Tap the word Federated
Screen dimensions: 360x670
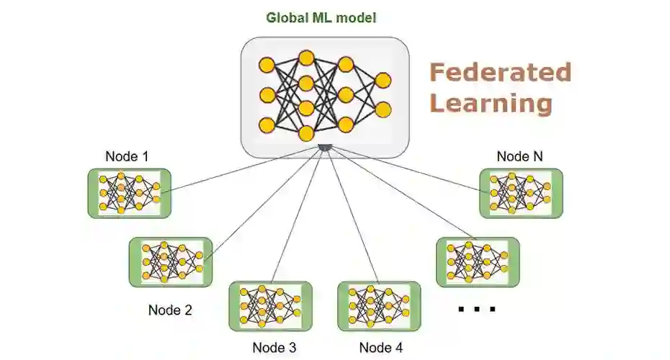pyautogui.click(x=500, y=73)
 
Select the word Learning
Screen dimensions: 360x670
pyautogui.click(x=491, y=103)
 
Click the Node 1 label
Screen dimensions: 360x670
pyautogui.click(x=128, y=156)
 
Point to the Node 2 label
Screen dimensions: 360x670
pyautogui.click(x=170, y=310)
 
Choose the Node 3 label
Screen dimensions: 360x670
pyautogui.click(x=274, y=348)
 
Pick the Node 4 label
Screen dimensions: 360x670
pyautogui.click(x=380, y=348)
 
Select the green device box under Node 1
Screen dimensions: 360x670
pyautogui.click(x=129, y=193)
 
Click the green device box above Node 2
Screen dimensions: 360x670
pyautogui.click(x=171, y=262)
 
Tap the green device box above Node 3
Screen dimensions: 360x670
pyautogui.click(x=270, y=305)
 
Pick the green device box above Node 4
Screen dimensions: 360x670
pyautogui.click(x=379, y=305)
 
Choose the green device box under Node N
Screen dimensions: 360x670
pyautogui.click(x=521, y=193)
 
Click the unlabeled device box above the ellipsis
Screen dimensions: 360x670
pyautogui.click(x=478, y=262)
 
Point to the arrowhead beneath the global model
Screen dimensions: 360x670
pyautogui.click(x=325, y=148)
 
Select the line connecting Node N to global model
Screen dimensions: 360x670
pyautogui.click(x=403, y=169)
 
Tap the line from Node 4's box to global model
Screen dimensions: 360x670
pyautogui.click(x=352, y=216)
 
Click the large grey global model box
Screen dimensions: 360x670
pyautogui.click(x=324, y=97)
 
